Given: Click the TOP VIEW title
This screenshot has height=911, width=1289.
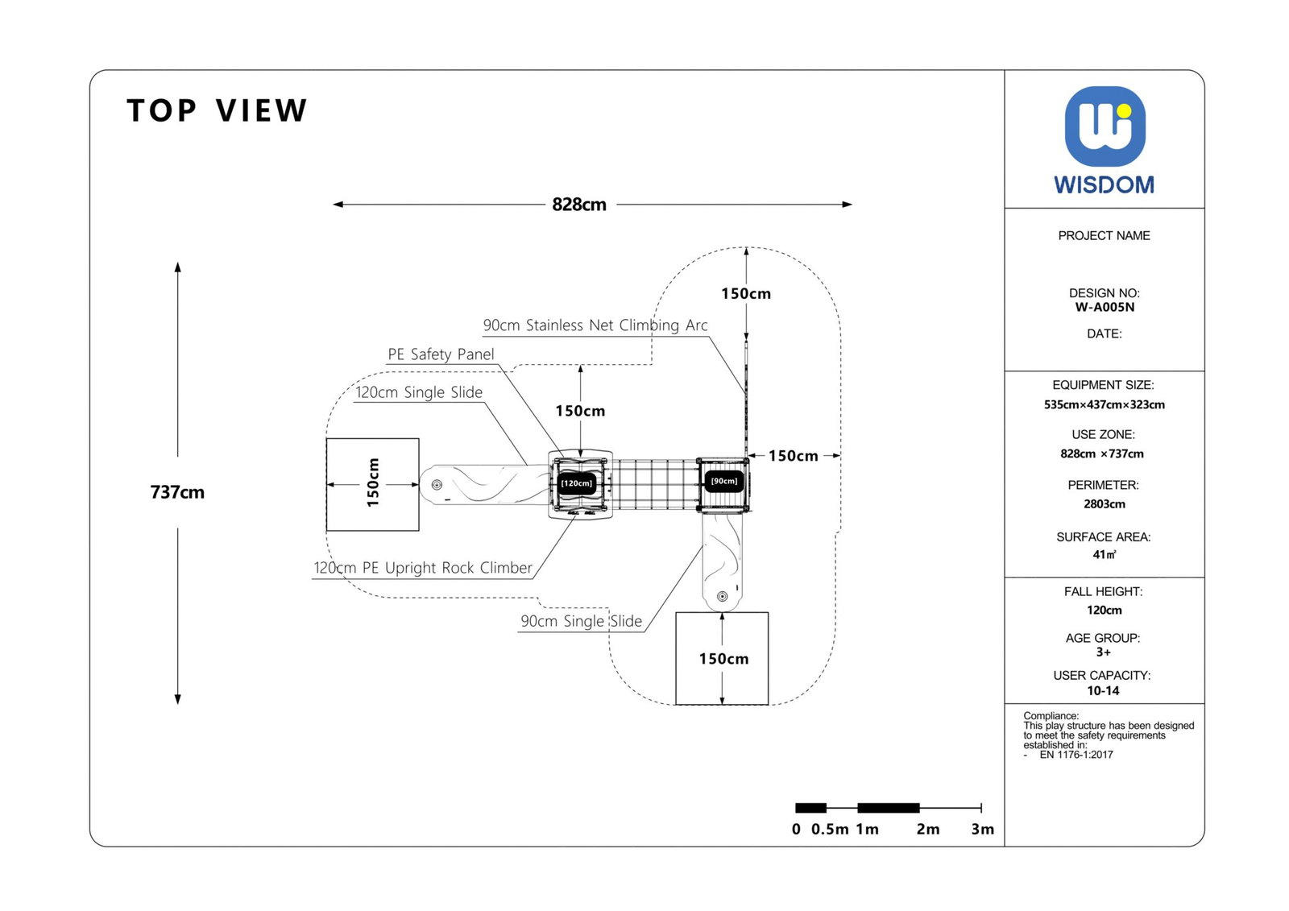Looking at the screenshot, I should point(217,111).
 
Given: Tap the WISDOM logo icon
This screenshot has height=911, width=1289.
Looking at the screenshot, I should point(1105,126).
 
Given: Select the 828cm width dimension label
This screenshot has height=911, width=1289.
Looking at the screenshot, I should point(578,205).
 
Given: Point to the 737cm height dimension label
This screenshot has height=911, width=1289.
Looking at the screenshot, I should point(177,492).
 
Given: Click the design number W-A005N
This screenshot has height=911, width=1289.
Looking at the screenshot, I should point(1105,307).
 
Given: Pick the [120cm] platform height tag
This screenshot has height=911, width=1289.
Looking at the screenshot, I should point(577,483).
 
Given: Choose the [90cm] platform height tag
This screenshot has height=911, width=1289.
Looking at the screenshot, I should point(723,481).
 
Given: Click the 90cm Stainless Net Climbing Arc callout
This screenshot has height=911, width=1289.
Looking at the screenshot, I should point(595,325).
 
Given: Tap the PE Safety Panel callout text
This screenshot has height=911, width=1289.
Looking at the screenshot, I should point(441,354).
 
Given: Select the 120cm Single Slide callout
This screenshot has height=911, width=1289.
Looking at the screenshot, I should point(419,392).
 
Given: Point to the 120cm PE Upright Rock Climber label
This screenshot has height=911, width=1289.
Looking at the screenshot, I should point(423,568).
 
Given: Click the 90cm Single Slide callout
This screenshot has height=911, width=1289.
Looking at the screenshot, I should point(581,621).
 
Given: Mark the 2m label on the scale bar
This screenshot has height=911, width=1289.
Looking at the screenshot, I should point(927,829).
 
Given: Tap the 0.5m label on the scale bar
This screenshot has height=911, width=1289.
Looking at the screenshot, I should point(829,829).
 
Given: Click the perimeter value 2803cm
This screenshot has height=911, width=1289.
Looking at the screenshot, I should point(1105,504).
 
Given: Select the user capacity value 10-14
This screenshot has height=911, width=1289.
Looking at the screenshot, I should point(1103,690).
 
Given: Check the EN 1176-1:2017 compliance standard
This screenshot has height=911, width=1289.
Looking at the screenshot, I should point(1076,755).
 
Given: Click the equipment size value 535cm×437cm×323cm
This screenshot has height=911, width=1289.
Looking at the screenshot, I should point(1104,404).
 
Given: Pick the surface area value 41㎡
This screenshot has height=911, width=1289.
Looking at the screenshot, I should point(1105,554).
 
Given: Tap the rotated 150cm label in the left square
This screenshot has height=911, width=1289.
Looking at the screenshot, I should point(372,482).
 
